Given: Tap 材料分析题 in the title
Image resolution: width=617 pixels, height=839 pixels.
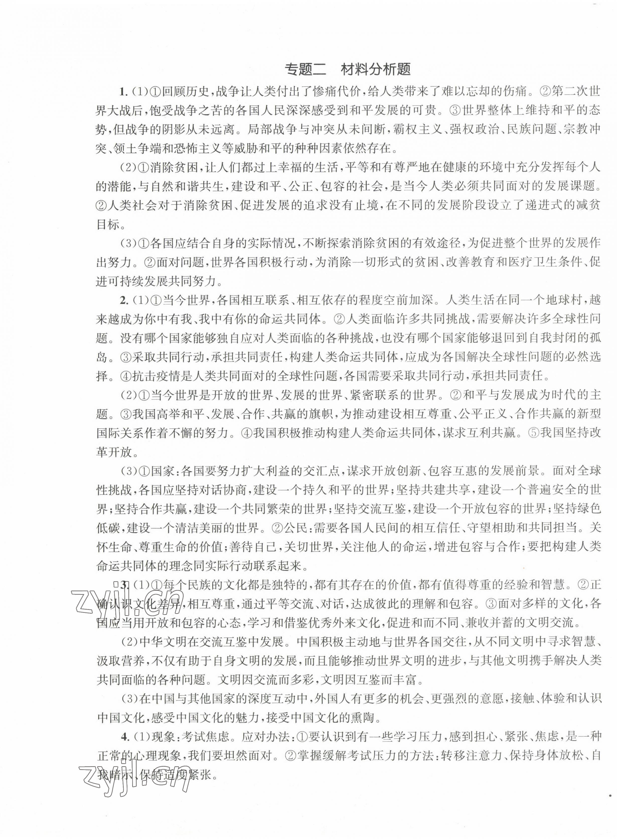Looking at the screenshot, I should coord(375,70).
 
